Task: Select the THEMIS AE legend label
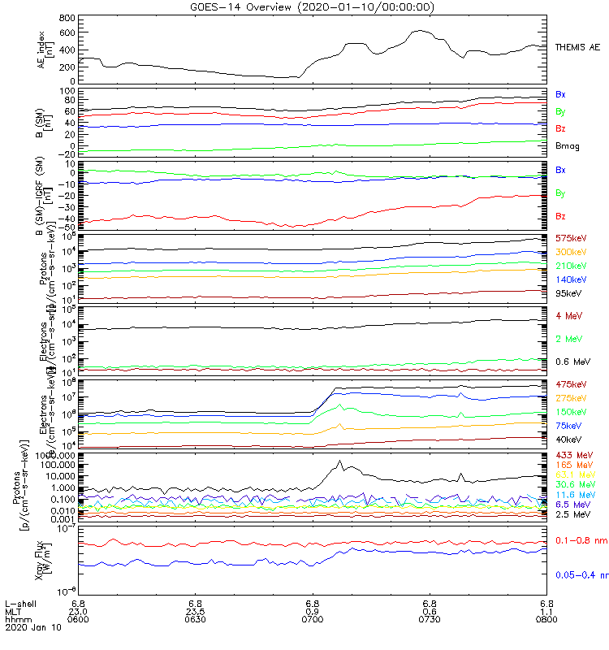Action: [x=577, y=48]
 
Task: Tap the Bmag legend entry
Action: [x=567, y=146]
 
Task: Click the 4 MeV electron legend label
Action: [x=568, y=315]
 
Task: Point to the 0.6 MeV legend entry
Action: [x=572, y=362]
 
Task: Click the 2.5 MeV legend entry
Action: [x=572, y=514]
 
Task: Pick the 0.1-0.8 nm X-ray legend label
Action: [x=581, y=540]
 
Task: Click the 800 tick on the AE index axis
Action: [x=66, y=18]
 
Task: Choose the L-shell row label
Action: [x=20, y=604]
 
